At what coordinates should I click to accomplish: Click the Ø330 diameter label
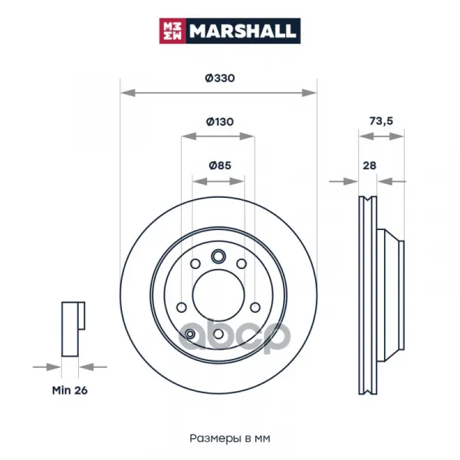point(220,78)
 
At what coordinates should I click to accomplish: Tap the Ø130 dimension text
point(220,121)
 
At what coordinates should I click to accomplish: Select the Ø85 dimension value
point(220,165)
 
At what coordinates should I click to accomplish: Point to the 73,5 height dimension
point(381,121)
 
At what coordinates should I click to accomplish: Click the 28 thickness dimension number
point(370,166)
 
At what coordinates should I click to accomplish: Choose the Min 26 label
point(70,390)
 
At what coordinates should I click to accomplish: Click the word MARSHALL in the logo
point(242,31)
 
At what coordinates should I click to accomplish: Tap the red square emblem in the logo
point(172,31)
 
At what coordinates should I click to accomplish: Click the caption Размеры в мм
point(230,439)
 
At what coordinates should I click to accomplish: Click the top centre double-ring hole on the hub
point(219,257)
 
